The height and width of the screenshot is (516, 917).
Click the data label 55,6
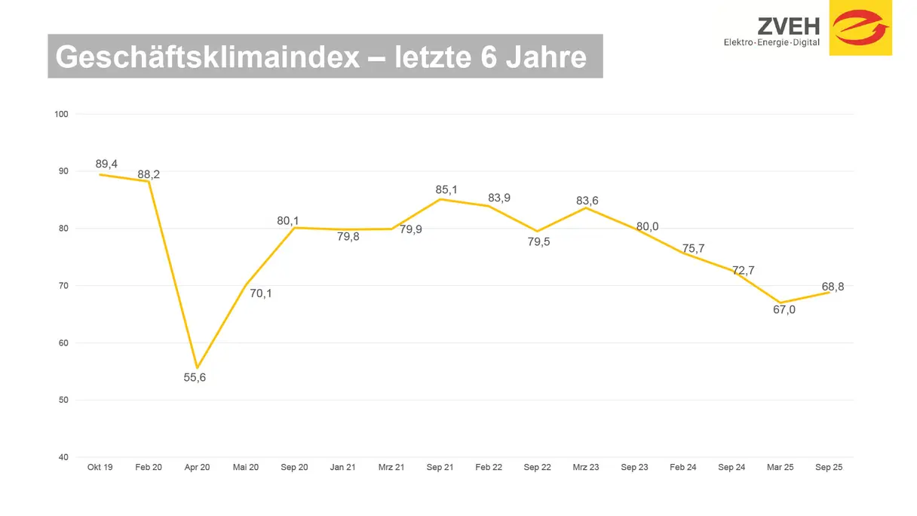pos(195,377)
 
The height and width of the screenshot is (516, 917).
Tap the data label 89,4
pos(106,164)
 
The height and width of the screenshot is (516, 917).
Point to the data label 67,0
pos(784,309)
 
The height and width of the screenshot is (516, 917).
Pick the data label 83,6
pos(587,201)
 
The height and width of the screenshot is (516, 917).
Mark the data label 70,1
pos(261,293)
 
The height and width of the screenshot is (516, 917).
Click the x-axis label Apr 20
pos(197,468)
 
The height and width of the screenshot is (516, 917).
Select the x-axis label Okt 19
pos(100,468)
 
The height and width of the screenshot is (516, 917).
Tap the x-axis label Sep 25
pos(829,468)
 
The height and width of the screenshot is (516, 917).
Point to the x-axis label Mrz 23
pos(586,468)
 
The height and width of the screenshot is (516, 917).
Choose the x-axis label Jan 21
pos(343,468)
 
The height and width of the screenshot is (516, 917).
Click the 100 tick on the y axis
pos(61,115)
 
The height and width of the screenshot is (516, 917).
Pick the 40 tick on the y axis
pos(63,457)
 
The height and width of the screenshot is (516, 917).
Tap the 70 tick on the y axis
pos(63,286)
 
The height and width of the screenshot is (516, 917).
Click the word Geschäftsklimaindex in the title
pos(207,57)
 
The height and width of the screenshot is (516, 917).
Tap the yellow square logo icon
pos(860,28)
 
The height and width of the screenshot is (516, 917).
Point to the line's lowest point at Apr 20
pos(197,367)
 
